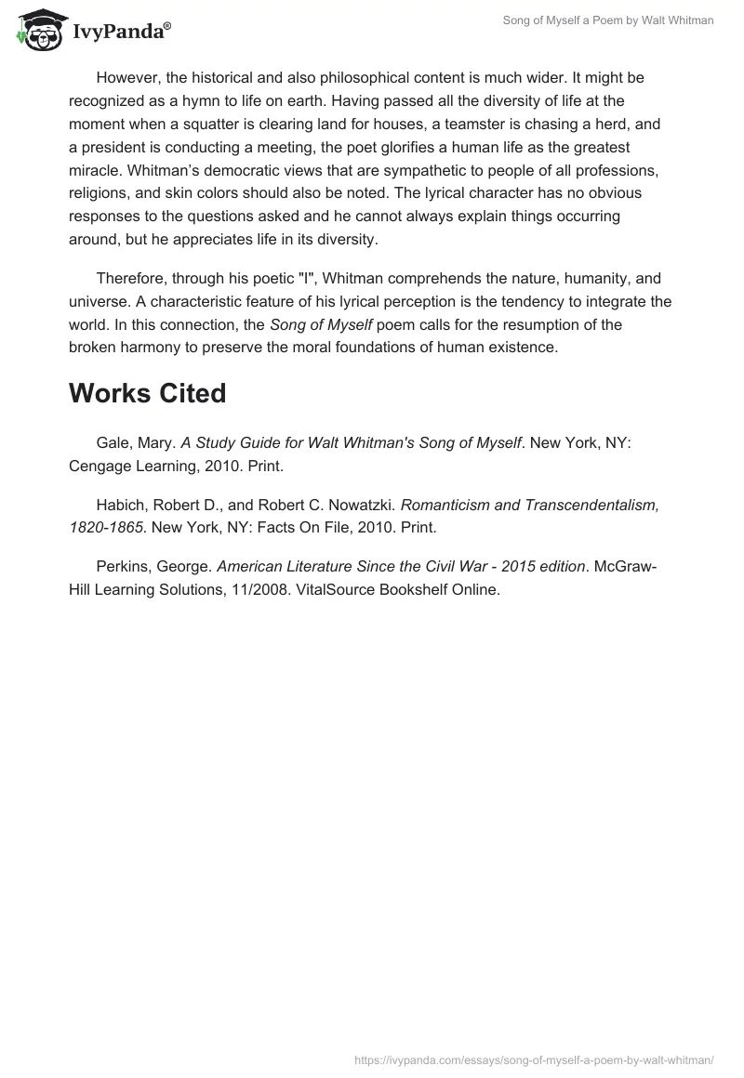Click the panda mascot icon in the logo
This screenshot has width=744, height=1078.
click(35, 29)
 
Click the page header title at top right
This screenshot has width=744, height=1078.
click(607, 20)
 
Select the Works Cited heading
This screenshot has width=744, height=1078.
click(147, 393)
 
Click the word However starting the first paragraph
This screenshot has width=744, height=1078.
click(128, 78)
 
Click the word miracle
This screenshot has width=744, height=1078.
click(96, 171)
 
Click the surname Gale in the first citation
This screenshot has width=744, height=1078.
click(113, 443)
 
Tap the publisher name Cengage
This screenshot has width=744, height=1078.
click(100, 467)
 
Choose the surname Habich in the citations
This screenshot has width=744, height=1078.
click(120, 505)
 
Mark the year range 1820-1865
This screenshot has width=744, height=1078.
click(105, 528)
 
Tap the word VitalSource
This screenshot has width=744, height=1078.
click(336, 589)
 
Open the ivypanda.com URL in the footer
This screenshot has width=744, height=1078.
click(534, 1059)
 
